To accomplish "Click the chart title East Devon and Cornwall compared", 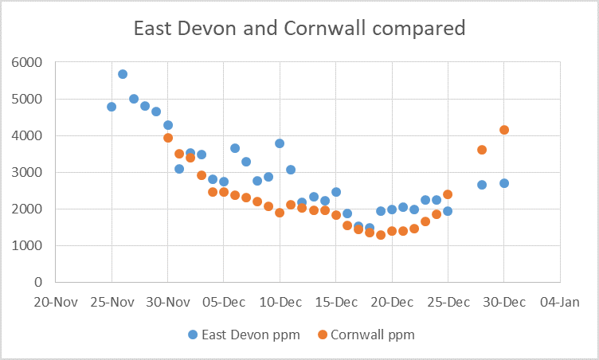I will pyautogui.click(x=299, y=29).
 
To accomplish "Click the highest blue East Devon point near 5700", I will pyautogui.click(x=123, y=74).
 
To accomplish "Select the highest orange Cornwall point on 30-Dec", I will pyautogui.click(x=503, y=130).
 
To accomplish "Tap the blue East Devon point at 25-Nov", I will pyautogui.click(x=112, y=107).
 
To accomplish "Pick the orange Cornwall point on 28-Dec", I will pyautogui.click(x=481, y=150).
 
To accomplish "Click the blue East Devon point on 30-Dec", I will pyautogui.click(x=503, y=183).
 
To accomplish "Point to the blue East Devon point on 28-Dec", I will pyautogui.click(x=481, y=185).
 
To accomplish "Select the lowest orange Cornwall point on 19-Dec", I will pyautogui.click(x=381, y=235).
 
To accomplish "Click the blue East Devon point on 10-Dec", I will pyautogui.click(x=280, y=143).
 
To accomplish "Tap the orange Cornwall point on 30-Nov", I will pyautogui.click(x=168, y=138).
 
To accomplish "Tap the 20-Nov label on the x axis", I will pyautogui.click(x=56, y=303).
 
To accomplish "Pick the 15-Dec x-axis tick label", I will pyautogui.click(x=335, y=303).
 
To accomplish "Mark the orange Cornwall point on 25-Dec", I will pyautogui.click(x=448, y=194).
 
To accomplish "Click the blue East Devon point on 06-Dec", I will pyautogui.click(x=235, y=148).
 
